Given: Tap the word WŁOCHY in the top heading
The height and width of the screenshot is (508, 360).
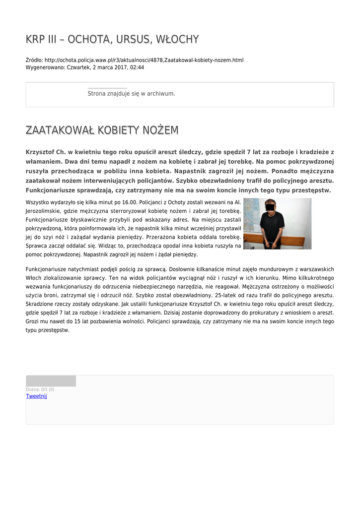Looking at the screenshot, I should click(177, 39).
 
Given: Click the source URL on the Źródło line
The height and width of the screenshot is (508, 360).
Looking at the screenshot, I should click(144, 60).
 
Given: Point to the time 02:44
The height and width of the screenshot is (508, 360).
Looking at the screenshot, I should click(137, 67).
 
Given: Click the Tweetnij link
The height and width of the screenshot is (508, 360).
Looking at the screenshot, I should click(36, 396).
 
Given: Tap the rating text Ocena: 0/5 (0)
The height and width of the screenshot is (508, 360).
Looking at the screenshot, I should click(40, 389).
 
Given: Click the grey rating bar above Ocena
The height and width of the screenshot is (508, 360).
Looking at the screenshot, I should click(51, 381).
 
